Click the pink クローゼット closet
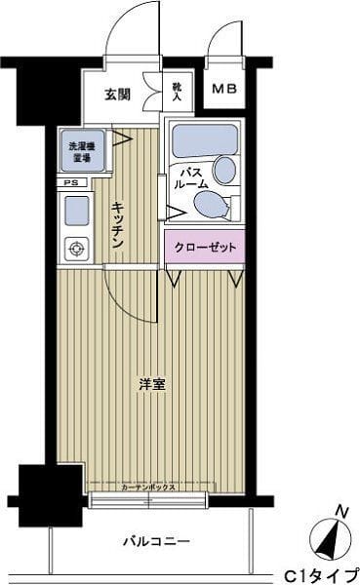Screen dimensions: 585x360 [205, 248]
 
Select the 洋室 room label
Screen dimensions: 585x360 [151, 383]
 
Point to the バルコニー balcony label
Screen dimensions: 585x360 [156, 539]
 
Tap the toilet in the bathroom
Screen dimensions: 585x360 [212, 204]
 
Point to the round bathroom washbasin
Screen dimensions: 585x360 [225, 171]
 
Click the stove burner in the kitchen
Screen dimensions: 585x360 [75, 249]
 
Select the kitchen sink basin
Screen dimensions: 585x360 [75, 210]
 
